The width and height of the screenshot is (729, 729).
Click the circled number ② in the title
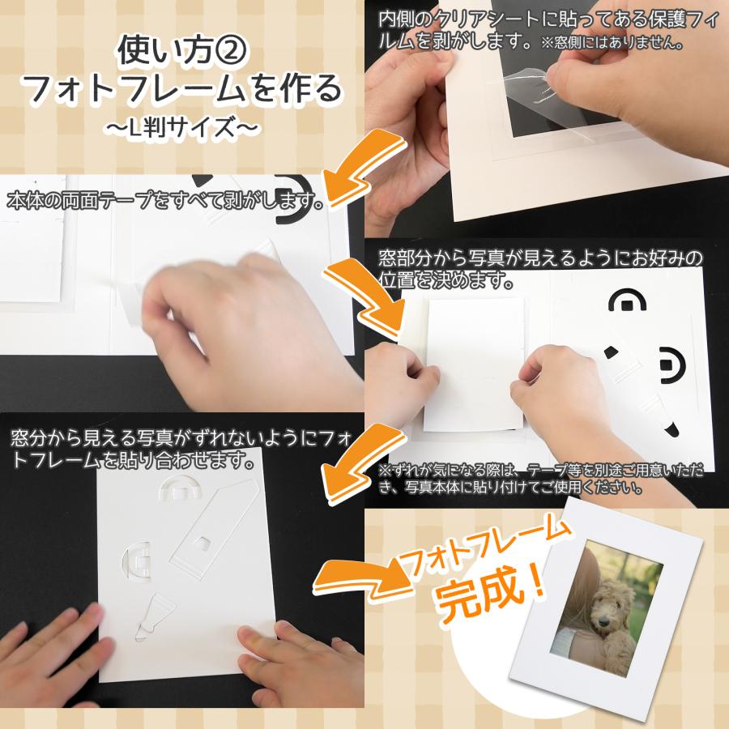point(230,51)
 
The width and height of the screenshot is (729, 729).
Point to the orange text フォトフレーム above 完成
point(484,548)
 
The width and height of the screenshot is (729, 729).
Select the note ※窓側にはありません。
point(612,43)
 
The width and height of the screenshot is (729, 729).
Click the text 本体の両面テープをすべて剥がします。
point(165,202)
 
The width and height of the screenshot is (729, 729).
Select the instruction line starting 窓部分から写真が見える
point(540,258)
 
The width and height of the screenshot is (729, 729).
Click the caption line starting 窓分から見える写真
point(181,438)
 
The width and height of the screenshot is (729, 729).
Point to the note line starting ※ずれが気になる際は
point(540,470)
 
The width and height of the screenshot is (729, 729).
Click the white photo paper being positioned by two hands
point(474,363)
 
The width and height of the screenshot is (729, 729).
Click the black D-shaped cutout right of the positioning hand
point(672,365)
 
